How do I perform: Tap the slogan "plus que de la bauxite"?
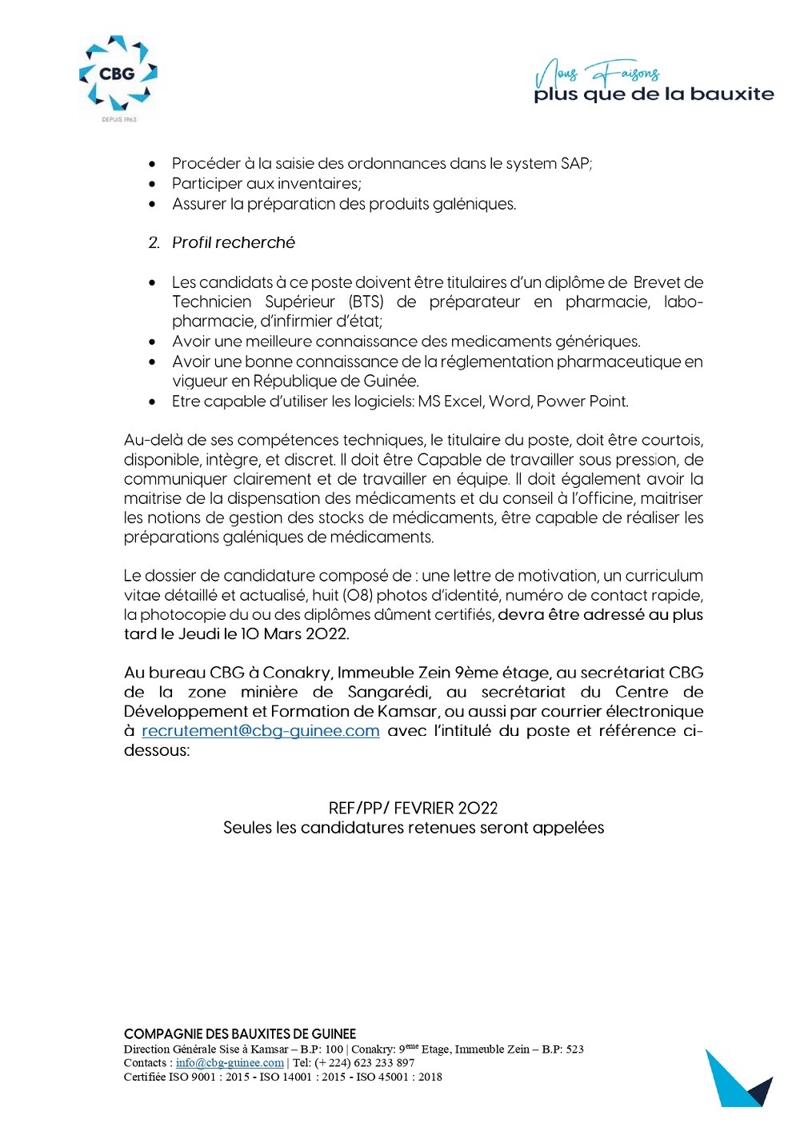click(x=654, y=94)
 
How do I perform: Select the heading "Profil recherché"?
click(x=233, y=242)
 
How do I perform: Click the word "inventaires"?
click(x=314, y=183)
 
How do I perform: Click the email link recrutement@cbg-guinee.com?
click(x=260, y=730)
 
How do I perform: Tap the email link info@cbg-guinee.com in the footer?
click(x=230, y=1063)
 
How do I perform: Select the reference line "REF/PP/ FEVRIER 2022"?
click(x=413, y=808)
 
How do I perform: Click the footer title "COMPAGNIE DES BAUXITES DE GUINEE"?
click(x=240, y=1034)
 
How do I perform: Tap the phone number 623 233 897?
click(x=384, y=1063)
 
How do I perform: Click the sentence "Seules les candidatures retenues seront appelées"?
click(x=413, y=828)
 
